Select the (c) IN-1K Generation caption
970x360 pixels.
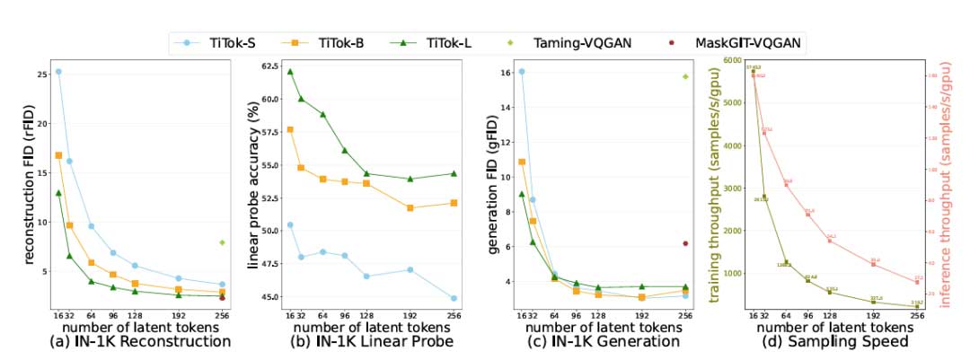point(600,341)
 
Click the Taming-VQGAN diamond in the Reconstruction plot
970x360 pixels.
point(221,242)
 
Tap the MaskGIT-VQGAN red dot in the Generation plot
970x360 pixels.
point(685,243)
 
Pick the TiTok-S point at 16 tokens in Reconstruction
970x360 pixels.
point(58,72)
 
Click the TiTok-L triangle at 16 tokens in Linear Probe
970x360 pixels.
point(290,72)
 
